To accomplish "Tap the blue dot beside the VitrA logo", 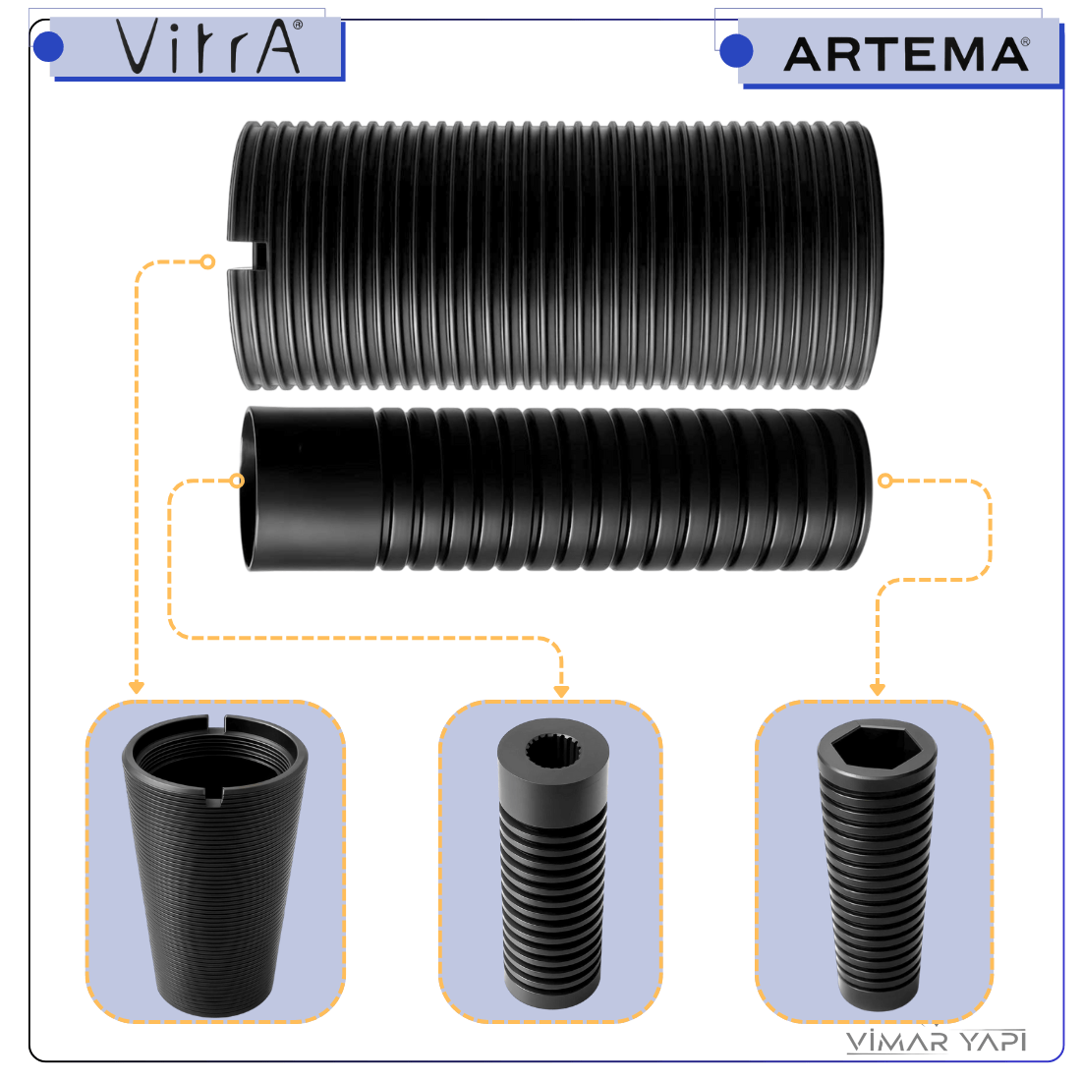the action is click(x=48, y=47).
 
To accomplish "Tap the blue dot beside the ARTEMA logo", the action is click(x=736, y=51).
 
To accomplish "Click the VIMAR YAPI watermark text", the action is click(x=937, y=1041).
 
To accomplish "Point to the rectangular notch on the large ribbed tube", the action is click(x=248, y=256).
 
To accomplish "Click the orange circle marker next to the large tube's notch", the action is click(x=207, y=262).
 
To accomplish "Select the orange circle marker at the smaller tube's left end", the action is click(x=237, y=481).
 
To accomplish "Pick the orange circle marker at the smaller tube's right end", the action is click(x=885, y=481).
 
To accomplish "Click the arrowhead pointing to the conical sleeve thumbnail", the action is click(x=137, y=687).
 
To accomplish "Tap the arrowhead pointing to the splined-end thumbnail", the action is click(x=561, y=692).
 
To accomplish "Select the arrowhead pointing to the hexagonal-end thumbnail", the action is click(x=877, y=690).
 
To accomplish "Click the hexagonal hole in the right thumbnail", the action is click(x=876, y=748).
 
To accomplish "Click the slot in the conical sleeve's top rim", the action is click(x=216, y=723).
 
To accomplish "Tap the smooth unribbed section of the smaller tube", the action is click(x=312, y=488).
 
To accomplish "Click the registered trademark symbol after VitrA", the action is click(x=298, y=25).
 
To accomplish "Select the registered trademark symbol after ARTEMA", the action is click(x=1025, y=42).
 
